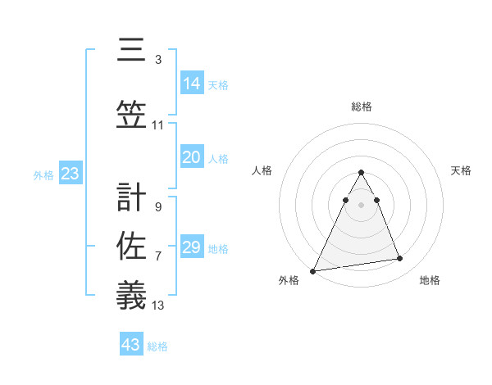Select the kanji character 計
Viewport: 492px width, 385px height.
tap(131, 197)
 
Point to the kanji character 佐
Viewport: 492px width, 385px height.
tap(131, 244)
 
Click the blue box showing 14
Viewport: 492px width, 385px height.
tap(192, 84)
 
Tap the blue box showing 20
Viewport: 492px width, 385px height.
tap(192, 158)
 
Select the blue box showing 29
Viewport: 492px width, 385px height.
tap(192, 247)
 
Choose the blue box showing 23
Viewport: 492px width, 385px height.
tap(70, 174)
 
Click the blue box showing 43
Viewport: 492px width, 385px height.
tap(131, 345)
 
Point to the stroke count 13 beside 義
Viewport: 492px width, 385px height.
tap(159, 306)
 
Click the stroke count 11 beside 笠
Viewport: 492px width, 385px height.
tap(158, 125)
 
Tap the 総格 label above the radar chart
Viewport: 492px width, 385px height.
tap(362, 106)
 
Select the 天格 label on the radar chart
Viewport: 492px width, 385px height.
tap(462, 170)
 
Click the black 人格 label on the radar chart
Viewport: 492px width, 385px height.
tap(262, 170)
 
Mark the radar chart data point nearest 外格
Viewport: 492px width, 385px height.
tap(313, 270)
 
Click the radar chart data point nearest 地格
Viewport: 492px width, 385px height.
tap(400, 259)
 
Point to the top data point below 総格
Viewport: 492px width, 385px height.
tap(361, 173)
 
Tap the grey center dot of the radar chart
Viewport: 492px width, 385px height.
tap(361, 203)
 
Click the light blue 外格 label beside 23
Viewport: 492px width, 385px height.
tap(43, 174)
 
